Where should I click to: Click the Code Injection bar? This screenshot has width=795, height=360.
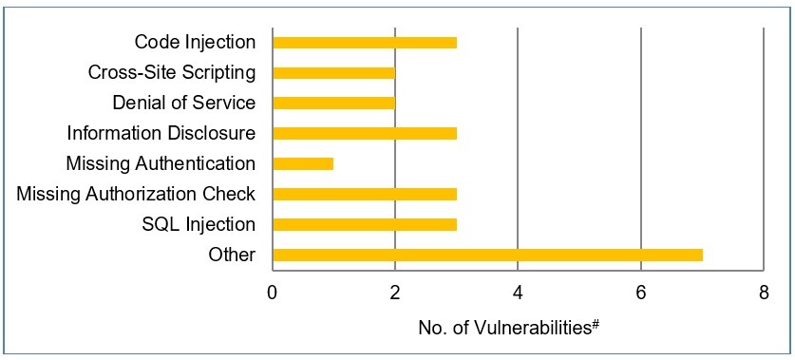(x=365, y=42)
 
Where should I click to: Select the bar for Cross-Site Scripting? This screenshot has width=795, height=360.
(x=333, y=72)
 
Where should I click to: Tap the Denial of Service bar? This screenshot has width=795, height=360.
(x=333, y=103)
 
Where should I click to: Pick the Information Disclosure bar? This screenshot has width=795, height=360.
(x=365, y=133)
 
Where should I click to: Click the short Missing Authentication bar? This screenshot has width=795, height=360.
(x=303, y=163)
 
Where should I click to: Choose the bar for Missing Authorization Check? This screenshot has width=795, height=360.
(x=365, y=194)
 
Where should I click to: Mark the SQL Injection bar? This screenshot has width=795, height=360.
(x=365, y=224)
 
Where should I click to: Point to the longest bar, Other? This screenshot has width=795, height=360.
(x=487, y=255)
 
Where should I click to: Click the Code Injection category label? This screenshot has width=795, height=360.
(x=195, y=42)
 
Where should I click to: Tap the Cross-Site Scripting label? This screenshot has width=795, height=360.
(x=171, y=72)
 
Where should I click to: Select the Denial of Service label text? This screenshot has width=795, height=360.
(x=183, y=103)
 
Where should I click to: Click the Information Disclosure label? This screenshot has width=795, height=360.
(x=161, y=133)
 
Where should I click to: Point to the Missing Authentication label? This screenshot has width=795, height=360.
(x=161, y=163)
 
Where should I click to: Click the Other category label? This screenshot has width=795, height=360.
(x=232, y=255)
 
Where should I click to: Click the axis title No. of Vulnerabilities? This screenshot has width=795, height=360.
(x=506, y=328)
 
